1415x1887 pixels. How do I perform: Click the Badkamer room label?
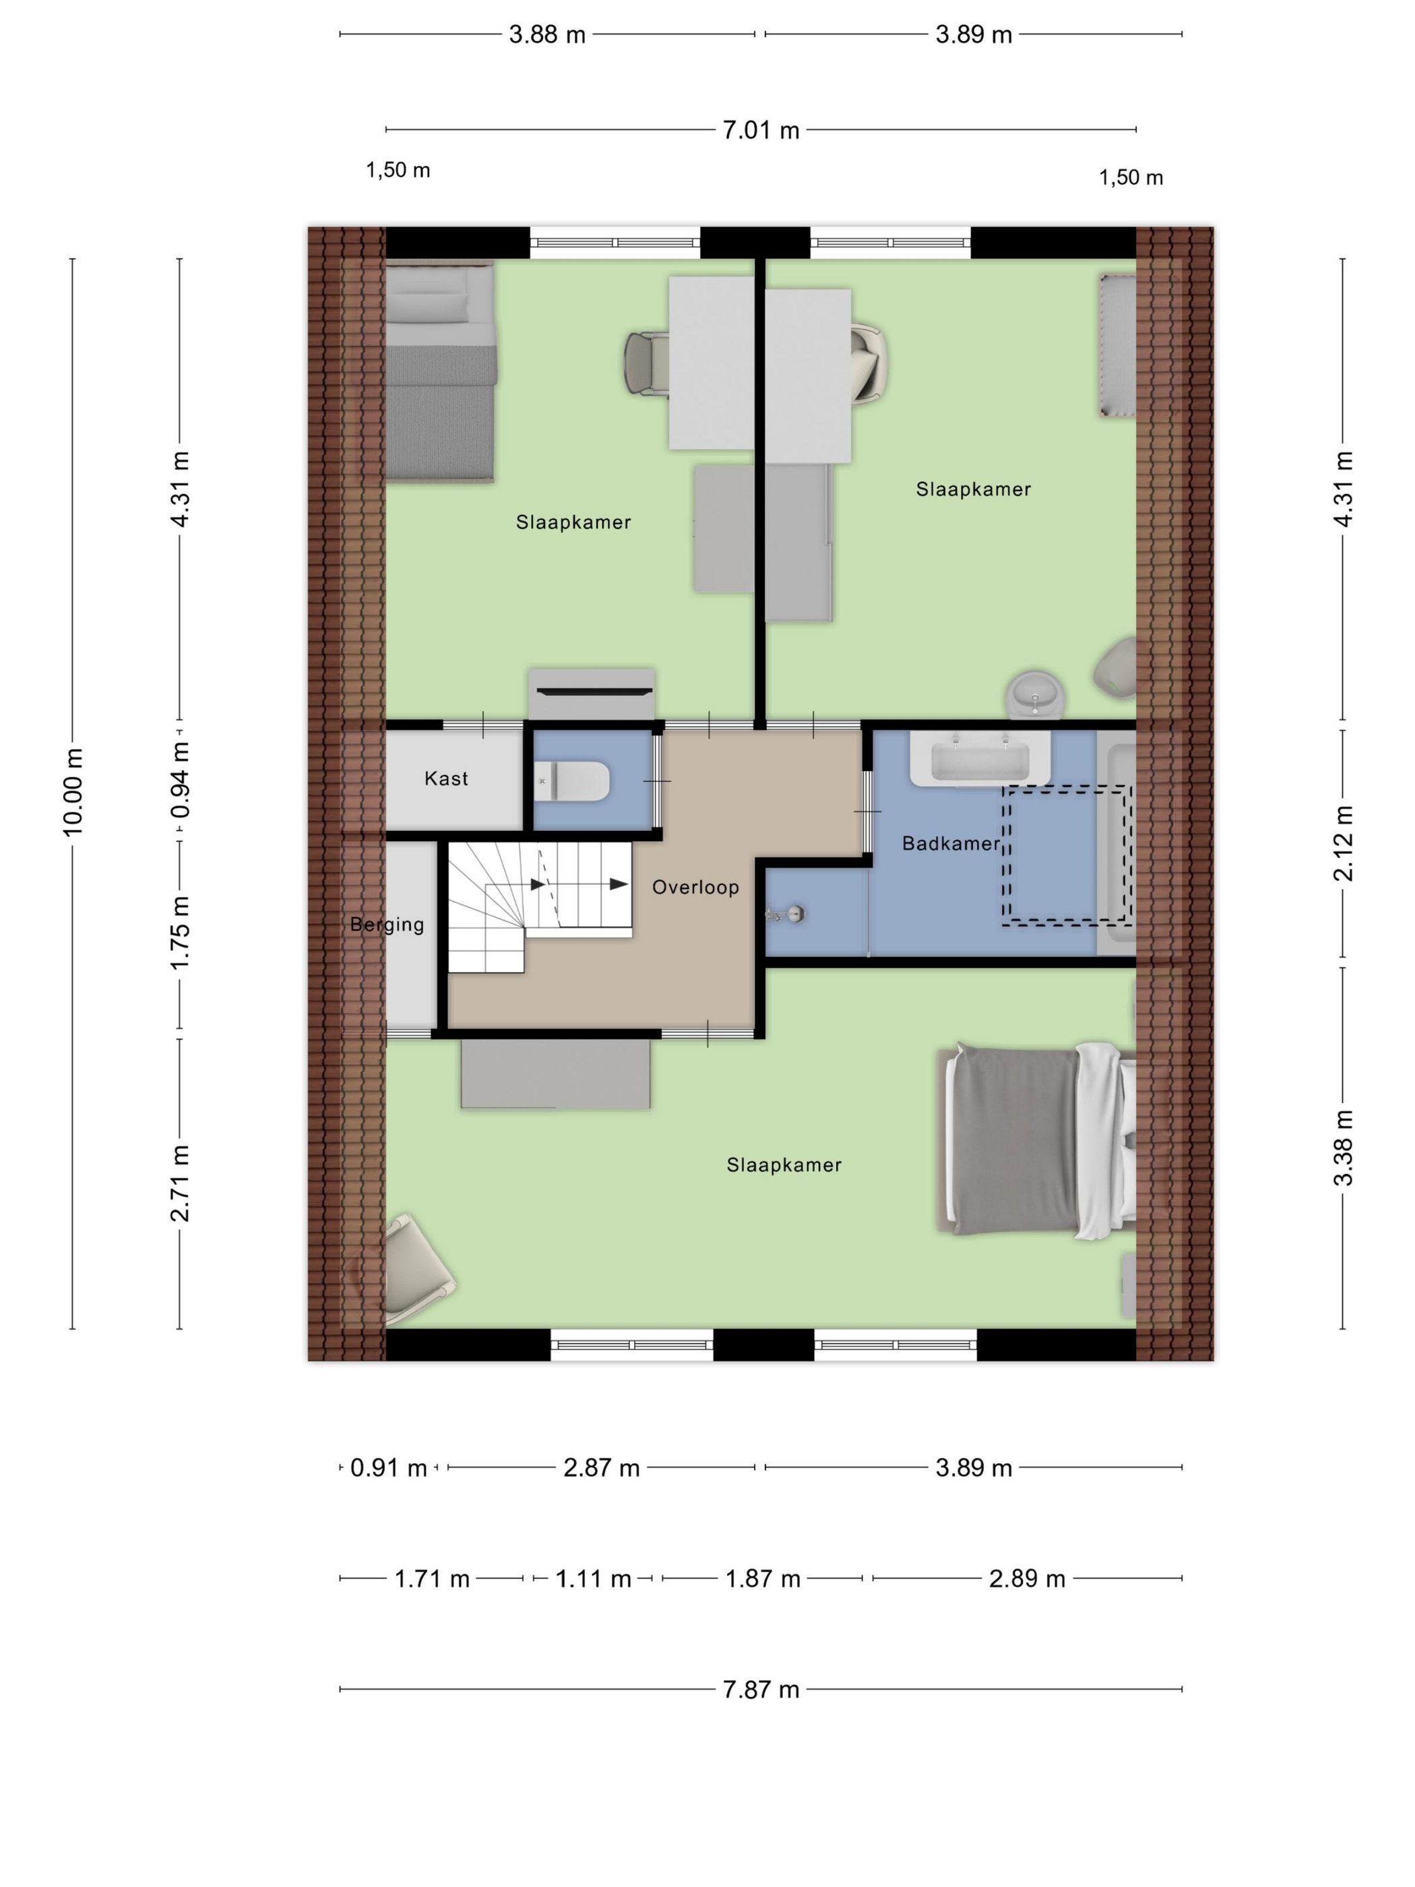coord(950,844)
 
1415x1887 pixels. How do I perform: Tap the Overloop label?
coord(695,887)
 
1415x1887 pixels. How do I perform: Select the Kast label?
coord(446,778)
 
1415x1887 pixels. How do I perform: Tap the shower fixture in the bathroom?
coord(786,914)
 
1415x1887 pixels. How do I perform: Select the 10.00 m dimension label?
coord(73,793)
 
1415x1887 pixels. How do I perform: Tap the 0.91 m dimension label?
coord(388,1467)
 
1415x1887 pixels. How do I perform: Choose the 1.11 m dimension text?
coord(593,1579)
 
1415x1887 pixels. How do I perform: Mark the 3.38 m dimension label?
coord(1344,1148)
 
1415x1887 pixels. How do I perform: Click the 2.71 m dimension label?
coord(179,1184)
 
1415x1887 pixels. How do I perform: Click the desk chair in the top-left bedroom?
coord(646,363)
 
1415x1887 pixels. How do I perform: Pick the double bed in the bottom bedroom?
coord(1036,1140)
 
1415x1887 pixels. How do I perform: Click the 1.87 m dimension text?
coord(763,1579)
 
